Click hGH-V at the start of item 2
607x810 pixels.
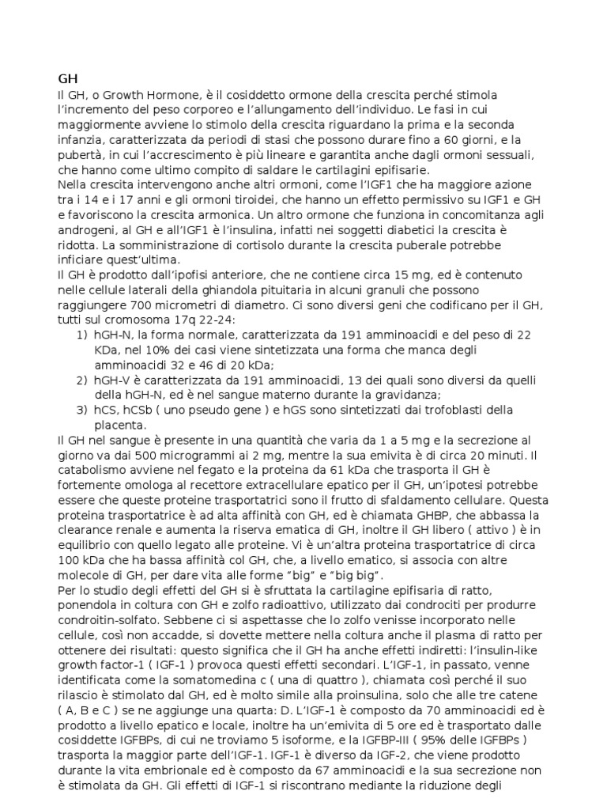(112, 380)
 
